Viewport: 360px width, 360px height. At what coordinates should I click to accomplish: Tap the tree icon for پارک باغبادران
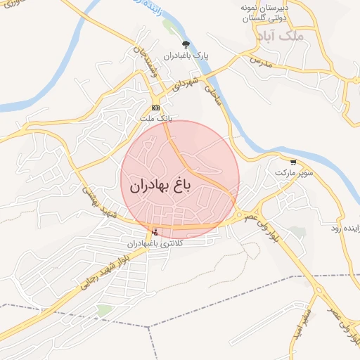click(186, 44)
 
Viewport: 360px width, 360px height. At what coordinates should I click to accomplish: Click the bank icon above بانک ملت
click(155, 107)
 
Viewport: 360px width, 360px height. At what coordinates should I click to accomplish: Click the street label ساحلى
click(212, 94)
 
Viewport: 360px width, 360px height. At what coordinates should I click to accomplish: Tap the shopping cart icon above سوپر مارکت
click(292, 161)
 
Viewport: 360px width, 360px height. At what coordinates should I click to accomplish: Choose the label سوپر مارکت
click(292, 172)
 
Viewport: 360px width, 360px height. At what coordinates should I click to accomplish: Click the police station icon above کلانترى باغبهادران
click(155, 232)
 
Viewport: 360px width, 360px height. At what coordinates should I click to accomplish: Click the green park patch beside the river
click(169, 27)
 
